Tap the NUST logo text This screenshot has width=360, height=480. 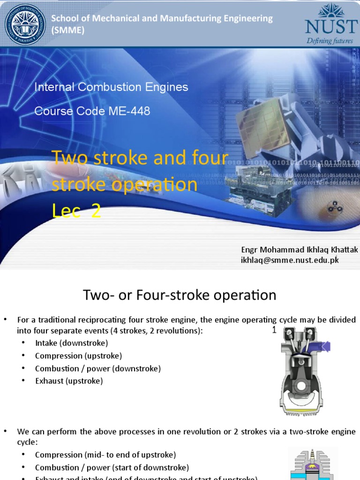click(x=331, y=26)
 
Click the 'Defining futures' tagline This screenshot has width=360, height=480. click(x=330, y=41)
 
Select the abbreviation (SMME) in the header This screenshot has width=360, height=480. click(x=67, y=30)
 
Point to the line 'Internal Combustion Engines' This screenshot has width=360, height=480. click(x=111, y=87)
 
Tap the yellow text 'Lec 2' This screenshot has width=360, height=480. click(x=76, y=211)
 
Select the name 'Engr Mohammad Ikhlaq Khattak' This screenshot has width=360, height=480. click(x=299, y=250)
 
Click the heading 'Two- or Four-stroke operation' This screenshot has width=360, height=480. click(x=180, y=295)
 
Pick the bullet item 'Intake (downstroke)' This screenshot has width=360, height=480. click(x=71, y=343)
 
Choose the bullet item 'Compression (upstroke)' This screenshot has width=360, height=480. click(x=78, y=356)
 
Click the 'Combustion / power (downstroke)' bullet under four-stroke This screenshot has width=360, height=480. click(x=97, y=368)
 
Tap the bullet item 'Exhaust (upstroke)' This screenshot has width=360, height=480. click(x=68, y=381)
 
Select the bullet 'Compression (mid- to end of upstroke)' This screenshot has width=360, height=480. click(x=105, y=455)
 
